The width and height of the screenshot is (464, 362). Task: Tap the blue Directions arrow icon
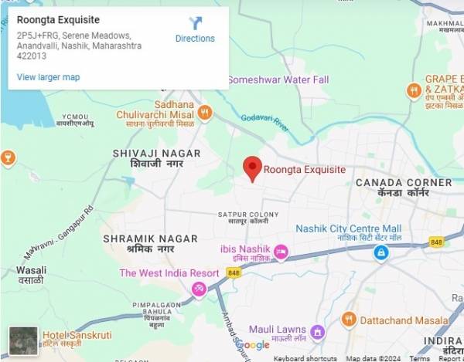(195, 24)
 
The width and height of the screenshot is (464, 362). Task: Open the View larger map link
(48, 77)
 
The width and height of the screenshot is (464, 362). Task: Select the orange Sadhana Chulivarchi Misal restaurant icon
(205, 113)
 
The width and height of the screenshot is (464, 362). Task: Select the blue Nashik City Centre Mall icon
(380, 252)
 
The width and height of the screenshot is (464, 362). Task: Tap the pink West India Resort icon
(200, 289)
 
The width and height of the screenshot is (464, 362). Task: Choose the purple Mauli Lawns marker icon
(317, 332)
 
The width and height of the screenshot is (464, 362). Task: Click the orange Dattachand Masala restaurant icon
(349, 319)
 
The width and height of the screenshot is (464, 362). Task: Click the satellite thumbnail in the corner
(23, 340)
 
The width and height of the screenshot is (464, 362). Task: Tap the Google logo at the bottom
(253, 345)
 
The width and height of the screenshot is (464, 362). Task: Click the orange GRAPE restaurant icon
(415, 90)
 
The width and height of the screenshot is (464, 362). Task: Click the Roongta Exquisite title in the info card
(58, 19)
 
